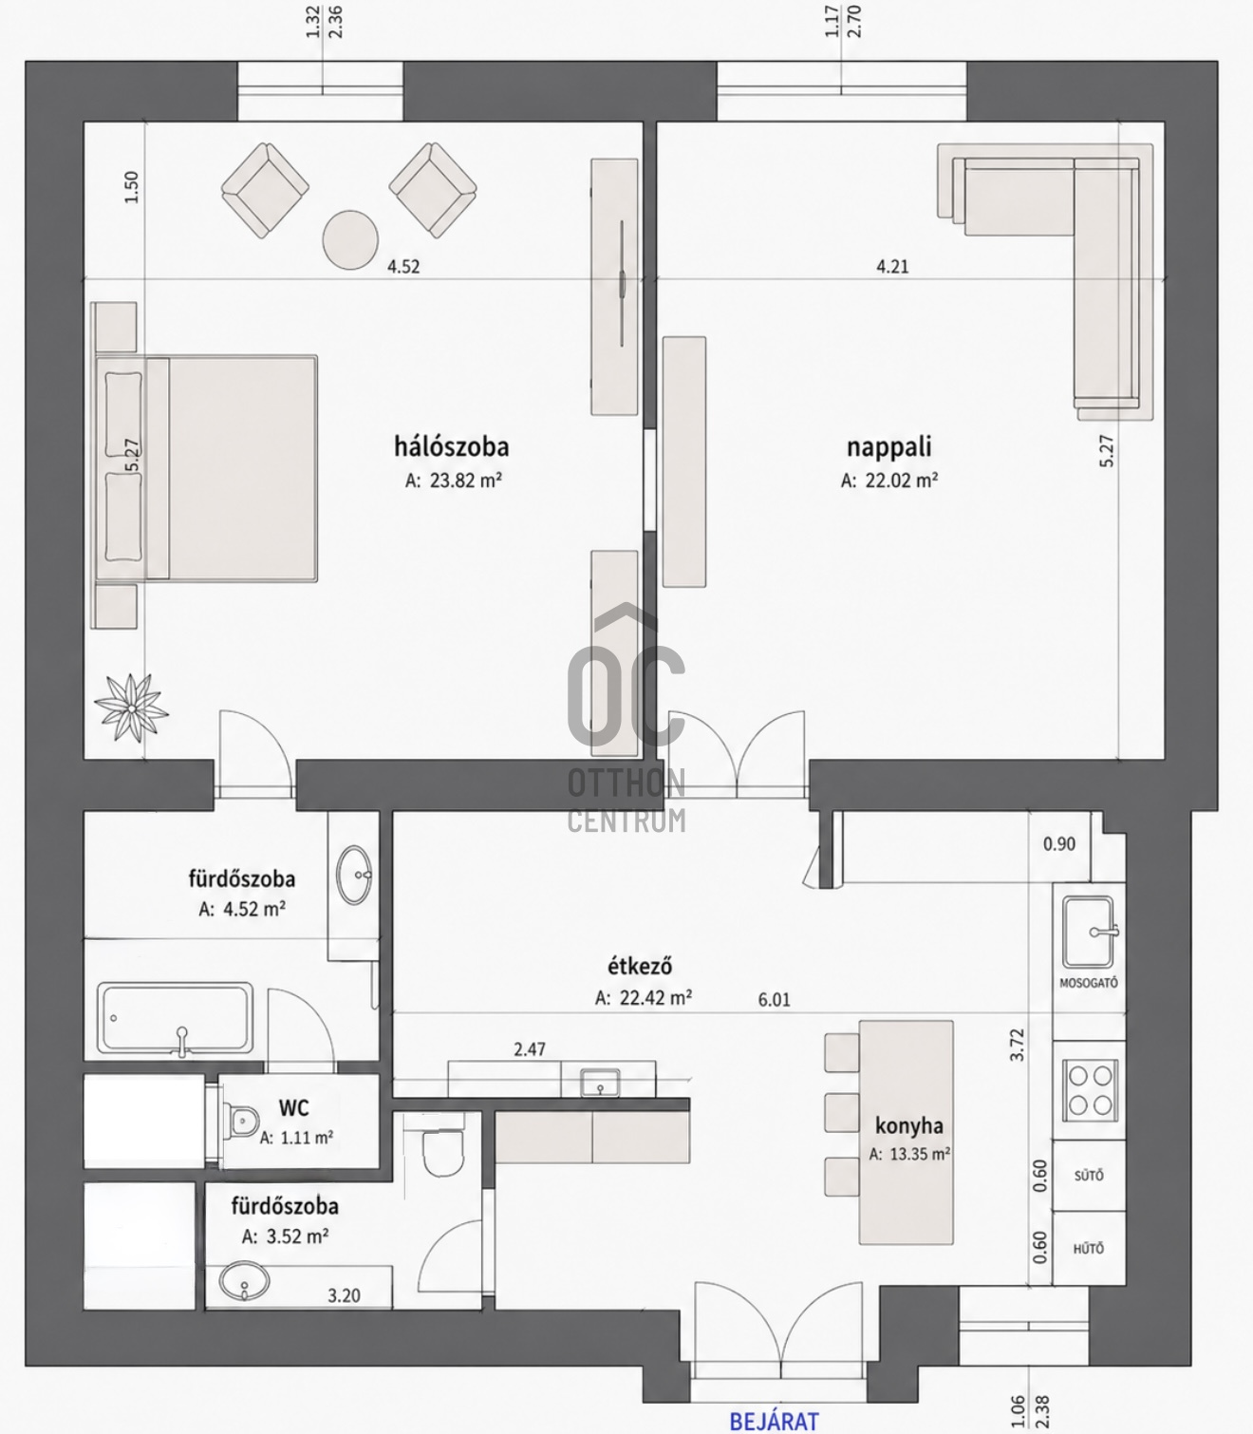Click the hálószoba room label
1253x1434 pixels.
pyautogui.click(x=451, y=447)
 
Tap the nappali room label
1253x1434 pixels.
pyautogui.click(x=888, y=447)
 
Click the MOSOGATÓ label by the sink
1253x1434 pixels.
pyautogui.click(x=1089, y=983)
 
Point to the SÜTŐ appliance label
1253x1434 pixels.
pyautogui.click(x=1089, y=1176)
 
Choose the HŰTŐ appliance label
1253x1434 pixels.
pyautogui.click(x=1089, y=1248)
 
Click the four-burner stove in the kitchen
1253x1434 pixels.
pyautogui.click(x=1090, y=1090)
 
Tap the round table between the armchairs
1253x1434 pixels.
pyautogui.click(x=350, y=239)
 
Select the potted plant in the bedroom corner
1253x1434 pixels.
pyautogui.click(x=131, y=708)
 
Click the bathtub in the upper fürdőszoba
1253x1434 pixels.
pyautogui.click(x=175, y=1018)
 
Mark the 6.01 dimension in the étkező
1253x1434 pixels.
pyautogui.click(x=774, y=999)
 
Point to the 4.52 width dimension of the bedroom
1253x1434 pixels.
pyautogui.click(x=403, y=266)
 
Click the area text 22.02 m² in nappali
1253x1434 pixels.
pyautogui.click(x=900, y=481)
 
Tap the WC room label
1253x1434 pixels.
pyautogui.click(x=293, y=1108)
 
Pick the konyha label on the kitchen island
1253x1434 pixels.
pyautogui.click(x=909, y=1125)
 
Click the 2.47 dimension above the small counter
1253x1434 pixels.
pyautogui.click(x=530, y=1049)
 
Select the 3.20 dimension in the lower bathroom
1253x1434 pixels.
pyautogui.click(x=344, y=1296)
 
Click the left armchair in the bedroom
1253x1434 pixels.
pyautogui.click(x=265, y=190)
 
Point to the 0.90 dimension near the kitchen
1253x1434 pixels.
pyautogui.click(x=1059, y=844)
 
